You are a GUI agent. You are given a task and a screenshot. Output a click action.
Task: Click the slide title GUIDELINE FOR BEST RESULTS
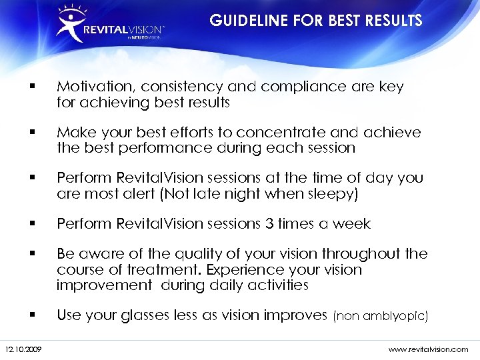pos(316,21)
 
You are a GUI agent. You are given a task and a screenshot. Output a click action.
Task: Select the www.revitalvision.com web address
pos(427,349)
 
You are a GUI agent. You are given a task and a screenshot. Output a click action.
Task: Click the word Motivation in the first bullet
pos(91,87)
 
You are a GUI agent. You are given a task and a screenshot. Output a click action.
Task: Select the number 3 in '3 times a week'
pos(270,223)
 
